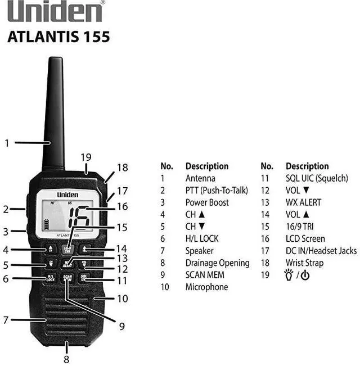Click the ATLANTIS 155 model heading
tap(59, 38)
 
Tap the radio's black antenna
tap(54, 112)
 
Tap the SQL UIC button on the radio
tap(84, 278)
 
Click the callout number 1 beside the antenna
tap(7, 143)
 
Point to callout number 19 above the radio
tap(85, 157)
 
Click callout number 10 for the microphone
tap(122, 299)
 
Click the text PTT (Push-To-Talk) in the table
tap(217, 191)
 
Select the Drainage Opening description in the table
tap(217, 263)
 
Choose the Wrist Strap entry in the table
tap(305, 263)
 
